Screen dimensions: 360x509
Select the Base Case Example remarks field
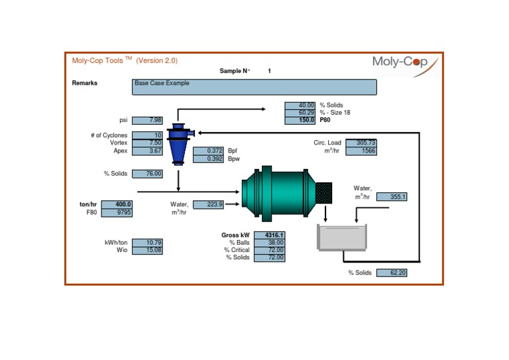pyautogui.click(x=254, y=87)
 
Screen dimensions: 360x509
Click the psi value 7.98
pyautogui.click(x=147, y=120)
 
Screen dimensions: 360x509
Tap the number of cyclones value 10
pyautogui.click(x=147, y=135)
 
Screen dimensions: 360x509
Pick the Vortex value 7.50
pyautogui.click(x=147, y=143)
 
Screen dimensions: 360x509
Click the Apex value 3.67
pyautogui.click(x=147, y=151)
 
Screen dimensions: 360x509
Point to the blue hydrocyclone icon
pyautogui.click(x=178, y=143)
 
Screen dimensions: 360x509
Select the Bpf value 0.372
pyautogui.click(x=208, y=151)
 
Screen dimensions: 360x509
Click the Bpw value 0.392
pyautogui.click(x=208, y=159)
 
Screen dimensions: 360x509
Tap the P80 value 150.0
pyautogui.click(x=300, y=121)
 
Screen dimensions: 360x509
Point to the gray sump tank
pyautogui.click(x=341, y=237)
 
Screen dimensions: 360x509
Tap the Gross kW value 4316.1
pyautogui.click(x=269, y=235)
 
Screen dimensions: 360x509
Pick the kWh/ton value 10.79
pyautogui.click(x=147, y=243)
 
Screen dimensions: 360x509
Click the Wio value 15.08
pyautogui.click(x=147, y=251)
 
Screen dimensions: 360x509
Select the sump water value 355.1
pyautogui.click(x=392, y=197)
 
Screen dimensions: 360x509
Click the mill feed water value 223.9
pyautogui.click(x=208, y=205)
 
